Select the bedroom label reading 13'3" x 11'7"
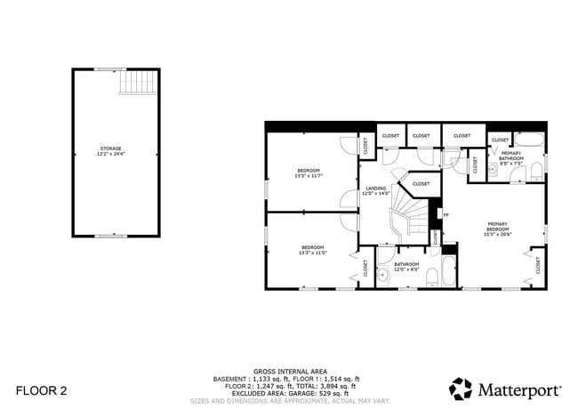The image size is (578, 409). (309, 172)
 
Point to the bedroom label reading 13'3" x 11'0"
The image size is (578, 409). (313, 250)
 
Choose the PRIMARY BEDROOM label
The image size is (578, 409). (498, 228)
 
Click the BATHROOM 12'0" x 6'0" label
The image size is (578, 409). (406, 266)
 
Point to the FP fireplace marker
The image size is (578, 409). (446, 214)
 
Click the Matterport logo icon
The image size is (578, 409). (461, 389)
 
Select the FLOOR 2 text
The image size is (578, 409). (41, 390)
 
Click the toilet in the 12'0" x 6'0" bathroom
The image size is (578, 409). (431, 277)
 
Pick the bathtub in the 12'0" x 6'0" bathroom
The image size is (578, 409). (448, 271)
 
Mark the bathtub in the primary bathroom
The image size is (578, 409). (530, 140)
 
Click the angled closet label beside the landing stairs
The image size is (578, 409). (421, 184)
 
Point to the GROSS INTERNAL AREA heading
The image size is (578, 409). (290, 371)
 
